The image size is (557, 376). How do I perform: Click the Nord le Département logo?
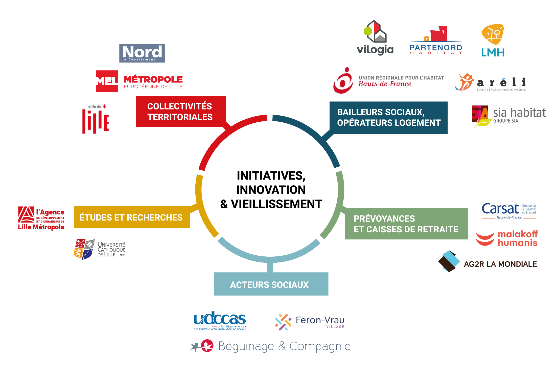tap(142, 53)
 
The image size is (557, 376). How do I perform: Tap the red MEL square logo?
tap(107, 81)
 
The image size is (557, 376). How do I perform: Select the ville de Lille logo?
tap(96, 119)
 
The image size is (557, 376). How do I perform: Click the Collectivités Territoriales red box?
tap(181, 112)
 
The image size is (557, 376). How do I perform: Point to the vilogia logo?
tap(375, 38)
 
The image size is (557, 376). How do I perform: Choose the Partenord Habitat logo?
tap(436, 40)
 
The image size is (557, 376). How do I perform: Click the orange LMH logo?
tap(493, 40)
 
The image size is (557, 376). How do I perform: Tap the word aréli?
tap(501, 82)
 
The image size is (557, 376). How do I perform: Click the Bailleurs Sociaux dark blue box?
tap(388, 118)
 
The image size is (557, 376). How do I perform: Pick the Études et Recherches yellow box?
tap(132, 217)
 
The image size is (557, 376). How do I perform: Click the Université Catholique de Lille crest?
tap(84, 249)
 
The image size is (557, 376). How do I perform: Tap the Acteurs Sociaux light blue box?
tap(271, 284)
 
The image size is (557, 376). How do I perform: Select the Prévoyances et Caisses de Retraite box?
tap(406, 224)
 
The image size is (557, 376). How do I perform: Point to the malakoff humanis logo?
tap(506, 238)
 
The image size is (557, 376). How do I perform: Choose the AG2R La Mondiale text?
tap(500, 264)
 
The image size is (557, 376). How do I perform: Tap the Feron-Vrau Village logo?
tap(310, 322)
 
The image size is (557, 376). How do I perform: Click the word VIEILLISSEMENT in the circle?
tap(276, 204)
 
